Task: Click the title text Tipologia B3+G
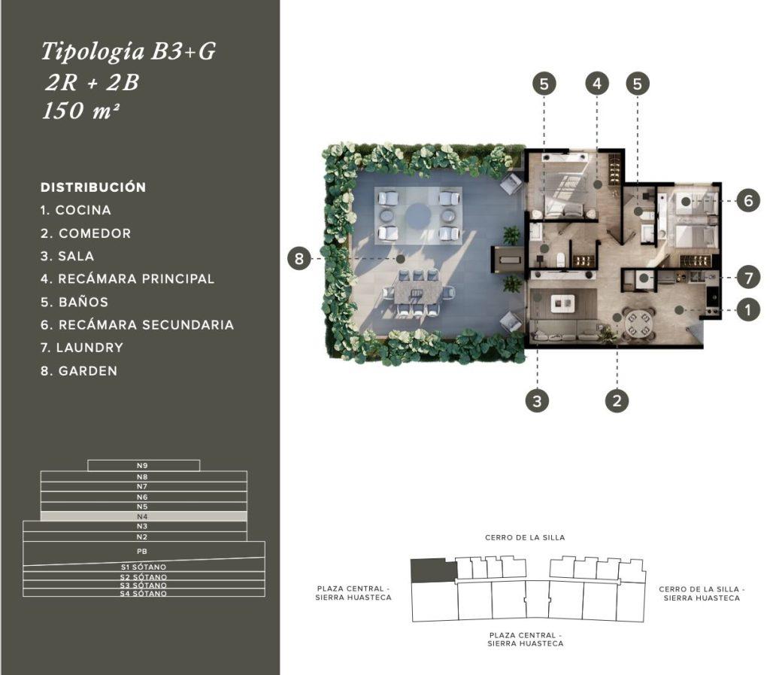click(x=128, y=52)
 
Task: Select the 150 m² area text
click(x=80, y=111)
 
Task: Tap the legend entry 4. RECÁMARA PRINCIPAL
click(x=128, y=279)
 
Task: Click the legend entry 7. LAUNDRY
click(x=82, y=348)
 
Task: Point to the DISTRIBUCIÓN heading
click(x=93, y=187)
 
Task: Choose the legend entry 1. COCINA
click(x=76, y=210)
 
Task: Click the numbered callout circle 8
click(x=299, y=258)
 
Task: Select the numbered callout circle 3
click(x=537, y=401)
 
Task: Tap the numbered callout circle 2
click(x=617, y=400)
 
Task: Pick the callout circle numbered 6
click(x=748, y=200)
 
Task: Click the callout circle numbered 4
click(x=597, y=84)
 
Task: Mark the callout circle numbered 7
click(x=748, y=278)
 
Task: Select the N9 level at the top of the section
click(x=144, y=465)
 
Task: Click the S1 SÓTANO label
click(x=144, y=567)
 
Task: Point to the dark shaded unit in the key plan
click(x=433, y=570)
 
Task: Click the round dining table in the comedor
click(x=638, y=324)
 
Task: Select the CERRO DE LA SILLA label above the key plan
click(x=525, y=537)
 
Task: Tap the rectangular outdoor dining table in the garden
click(x=418, y=292)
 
